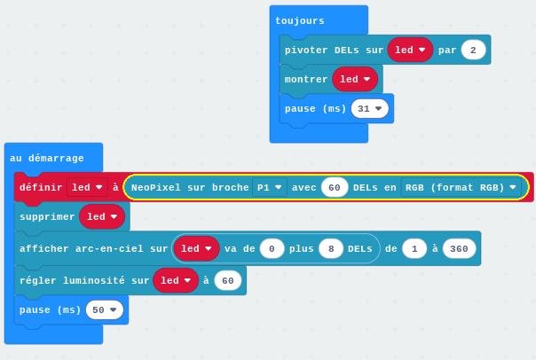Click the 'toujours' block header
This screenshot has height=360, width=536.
point(300,20)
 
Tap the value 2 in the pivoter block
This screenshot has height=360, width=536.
point(473,51)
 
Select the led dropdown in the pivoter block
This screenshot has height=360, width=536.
point(410,50)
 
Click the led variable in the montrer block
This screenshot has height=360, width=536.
point(355,79)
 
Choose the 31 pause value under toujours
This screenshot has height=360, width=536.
point(369,108)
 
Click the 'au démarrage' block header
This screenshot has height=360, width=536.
point(47,158)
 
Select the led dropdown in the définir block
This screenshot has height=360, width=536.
point(87,187)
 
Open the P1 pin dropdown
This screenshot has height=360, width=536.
point(270,187)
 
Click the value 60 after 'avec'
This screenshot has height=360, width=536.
point(335,187)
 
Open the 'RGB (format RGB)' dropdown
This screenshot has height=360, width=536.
point(461,187)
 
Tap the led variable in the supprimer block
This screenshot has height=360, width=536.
point(102,216)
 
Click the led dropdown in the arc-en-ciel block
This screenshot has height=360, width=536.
point(196,248)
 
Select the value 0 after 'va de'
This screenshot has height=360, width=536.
point(272,248)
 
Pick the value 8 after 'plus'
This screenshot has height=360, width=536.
point(331,248)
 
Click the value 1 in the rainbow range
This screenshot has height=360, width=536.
point(414,248)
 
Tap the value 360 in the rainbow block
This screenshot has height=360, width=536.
point(459,248)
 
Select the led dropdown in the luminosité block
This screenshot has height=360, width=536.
point(176,280)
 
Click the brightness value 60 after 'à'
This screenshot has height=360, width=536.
point(228,280)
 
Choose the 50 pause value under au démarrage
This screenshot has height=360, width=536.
point(104,309)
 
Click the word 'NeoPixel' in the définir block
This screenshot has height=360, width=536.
point(156,187)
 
